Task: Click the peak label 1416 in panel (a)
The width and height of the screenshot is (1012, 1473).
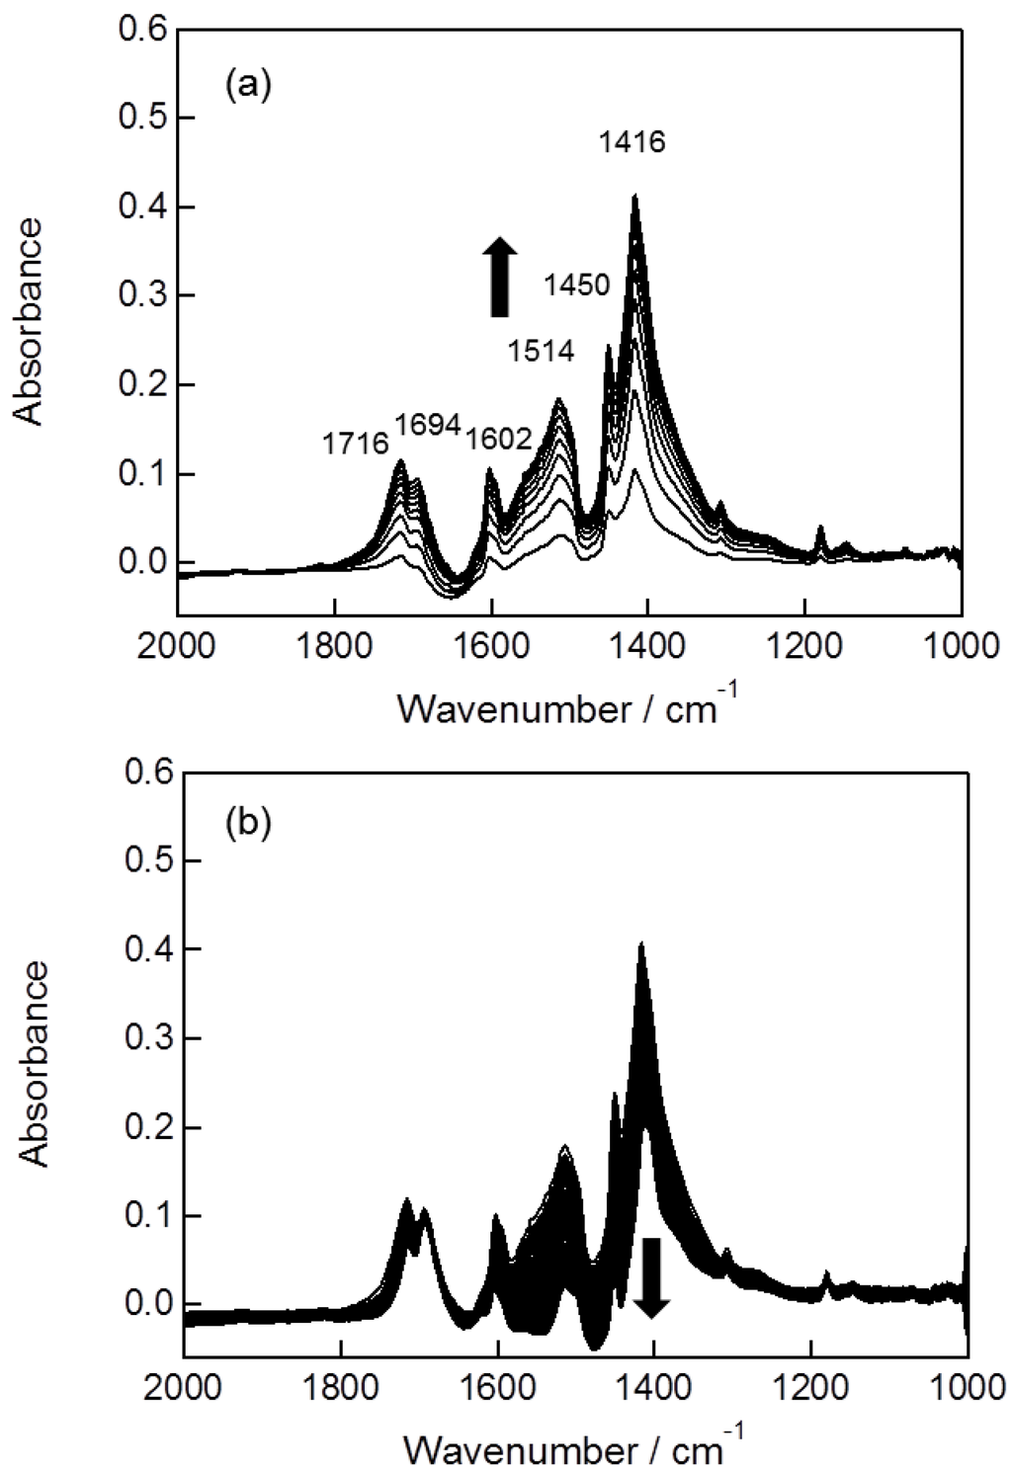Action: tap(632, 142)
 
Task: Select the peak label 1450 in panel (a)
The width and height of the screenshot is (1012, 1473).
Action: tap(576, 286)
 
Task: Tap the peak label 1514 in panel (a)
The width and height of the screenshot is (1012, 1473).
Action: tap(541, 351)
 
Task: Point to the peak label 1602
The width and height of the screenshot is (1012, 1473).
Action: tap(498, 438)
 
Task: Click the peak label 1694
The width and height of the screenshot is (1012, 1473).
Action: tap(428, 425)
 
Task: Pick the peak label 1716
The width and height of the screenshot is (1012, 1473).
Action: tap(356, 444)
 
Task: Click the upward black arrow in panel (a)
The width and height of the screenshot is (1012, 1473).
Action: tap(500, 277)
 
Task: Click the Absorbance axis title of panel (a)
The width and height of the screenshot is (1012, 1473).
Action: tap(30, 321)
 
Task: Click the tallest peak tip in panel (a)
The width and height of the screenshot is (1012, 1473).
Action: tap(634, 196)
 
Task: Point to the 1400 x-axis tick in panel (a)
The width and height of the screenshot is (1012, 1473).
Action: tap(648, 647)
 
